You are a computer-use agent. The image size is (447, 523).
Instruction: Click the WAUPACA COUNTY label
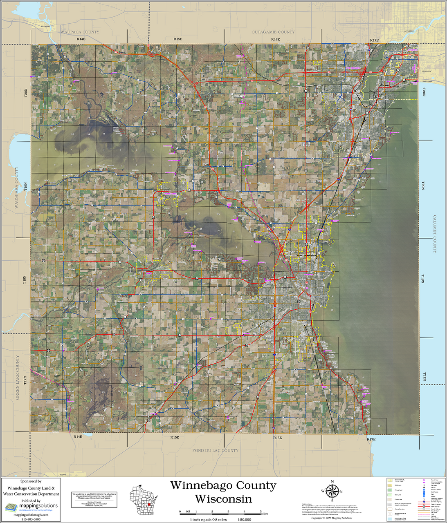click(80, 32)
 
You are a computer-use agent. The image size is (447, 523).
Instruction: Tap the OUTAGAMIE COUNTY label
click(273, 32)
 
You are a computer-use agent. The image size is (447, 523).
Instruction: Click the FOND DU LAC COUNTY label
click(215, 450)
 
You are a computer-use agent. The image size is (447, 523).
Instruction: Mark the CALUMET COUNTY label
click(435, 234)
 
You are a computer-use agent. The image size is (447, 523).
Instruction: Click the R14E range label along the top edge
click(81, 39)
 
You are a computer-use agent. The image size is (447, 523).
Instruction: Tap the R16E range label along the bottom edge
click(277, 438)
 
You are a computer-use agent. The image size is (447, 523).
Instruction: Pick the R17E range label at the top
click(374, 40)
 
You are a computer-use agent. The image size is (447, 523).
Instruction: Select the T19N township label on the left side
click(25, 187)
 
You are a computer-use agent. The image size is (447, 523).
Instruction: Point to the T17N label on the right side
click(424, 376)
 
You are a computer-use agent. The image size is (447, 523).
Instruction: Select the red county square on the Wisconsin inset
click(149, 504)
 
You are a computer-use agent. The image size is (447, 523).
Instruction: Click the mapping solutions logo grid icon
click(10, 507)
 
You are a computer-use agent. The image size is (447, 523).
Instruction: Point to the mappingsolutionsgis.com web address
click(31, 515)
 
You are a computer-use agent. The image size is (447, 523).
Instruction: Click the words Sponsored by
click(31, 481)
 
